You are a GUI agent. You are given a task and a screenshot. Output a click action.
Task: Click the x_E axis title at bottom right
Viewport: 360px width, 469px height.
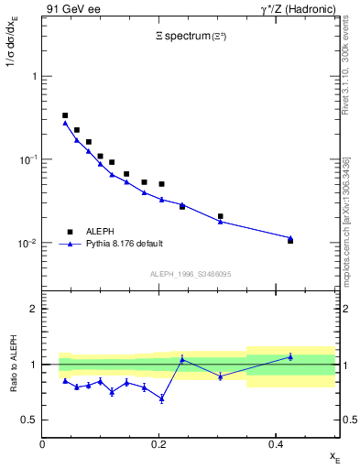[334, 455]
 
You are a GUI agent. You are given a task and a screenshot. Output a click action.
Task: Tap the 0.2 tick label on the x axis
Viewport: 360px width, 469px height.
[158, 444]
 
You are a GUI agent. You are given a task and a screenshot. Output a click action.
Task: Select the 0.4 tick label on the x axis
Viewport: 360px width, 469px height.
[275, 444]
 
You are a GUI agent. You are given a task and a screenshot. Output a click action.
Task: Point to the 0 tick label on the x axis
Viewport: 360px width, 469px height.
[42, 444]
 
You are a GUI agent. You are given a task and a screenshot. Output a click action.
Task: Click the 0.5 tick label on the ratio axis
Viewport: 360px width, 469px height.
[28, 420]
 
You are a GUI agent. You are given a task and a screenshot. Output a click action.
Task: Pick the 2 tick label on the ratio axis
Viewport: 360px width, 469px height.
[33, 309]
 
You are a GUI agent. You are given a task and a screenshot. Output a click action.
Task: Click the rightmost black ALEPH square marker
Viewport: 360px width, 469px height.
[290, 240]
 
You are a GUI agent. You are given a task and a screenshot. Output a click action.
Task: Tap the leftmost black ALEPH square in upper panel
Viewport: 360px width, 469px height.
[65, 115]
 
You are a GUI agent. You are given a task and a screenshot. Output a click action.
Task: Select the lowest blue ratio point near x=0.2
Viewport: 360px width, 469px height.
[162, 398]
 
